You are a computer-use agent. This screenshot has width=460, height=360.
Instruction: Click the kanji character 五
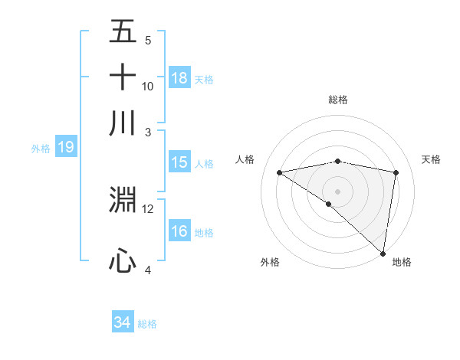(123, 33)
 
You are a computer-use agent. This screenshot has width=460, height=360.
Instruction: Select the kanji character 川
(123, 122)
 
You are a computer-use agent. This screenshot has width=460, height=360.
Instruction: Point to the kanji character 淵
(123, 200)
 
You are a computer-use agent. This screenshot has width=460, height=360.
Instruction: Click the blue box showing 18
(179, 78)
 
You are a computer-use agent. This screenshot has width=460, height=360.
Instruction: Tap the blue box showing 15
(179, 162)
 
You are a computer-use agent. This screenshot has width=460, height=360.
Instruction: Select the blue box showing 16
(179, 231)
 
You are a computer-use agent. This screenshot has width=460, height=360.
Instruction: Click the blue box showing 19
(66, 148)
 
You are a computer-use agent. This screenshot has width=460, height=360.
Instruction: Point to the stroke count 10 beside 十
(148, 87)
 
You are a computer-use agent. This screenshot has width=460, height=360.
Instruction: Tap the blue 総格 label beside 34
(147, 324)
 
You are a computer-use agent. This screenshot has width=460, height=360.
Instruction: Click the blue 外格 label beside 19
(40, 149)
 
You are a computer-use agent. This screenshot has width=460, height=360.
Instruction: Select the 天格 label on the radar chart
(432, 159)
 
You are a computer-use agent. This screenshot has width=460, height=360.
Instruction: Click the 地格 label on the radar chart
(402, 262)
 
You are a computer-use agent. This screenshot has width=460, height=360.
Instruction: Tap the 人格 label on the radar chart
(245, 159)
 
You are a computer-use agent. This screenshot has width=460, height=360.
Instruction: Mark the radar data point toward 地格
(383, 253)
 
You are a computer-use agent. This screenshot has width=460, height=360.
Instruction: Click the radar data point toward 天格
(396, 172)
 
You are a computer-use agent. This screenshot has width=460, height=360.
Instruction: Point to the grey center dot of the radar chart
(337, 190)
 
